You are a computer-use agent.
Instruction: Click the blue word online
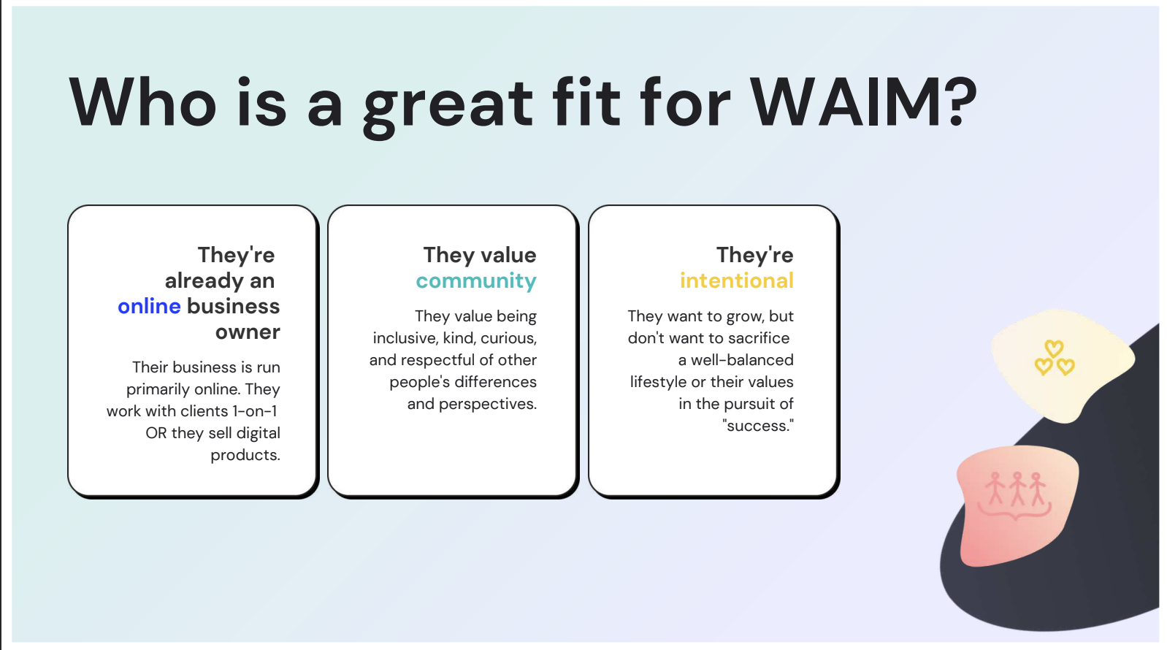pos(149,306)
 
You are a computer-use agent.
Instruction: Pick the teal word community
pos(476,281)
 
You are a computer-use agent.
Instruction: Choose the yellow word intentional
pos(737,280)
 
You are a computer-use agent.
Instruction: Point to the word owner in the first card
pos(248,332)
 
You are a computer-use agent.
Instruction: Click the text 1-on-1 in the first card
pos(255,411)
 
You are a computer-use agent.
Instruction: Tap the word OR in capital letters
pos(156,433)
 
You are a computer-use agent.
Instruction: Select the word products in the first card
pos(245,455)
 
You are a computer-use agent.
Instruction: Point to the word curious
pos(508,339)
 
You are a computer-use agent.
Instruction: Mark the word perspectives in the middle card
pos(488,404)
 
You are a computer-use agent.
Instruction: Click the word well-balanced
pos(743,360)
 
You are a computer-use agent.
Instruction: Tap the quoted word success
pos(758,426)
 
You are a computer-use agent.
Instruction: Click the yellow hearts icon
pos(1054,358)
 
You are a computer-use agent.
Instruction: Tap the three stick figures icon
pos(1016,494)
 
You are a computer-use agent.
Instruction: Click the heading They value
pos(479,255)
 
